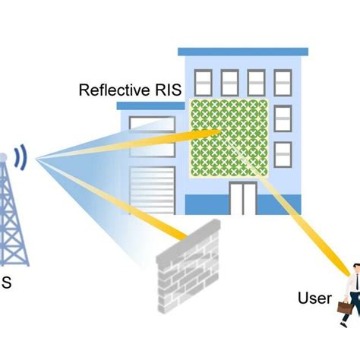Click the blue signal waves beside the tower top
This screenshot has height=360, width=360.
[x=22, y=157]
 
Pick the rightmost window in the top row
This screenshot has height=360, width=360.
[x=283, y=83]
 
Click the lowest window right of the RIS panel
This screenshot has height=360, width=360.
[x=283, y=154]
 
